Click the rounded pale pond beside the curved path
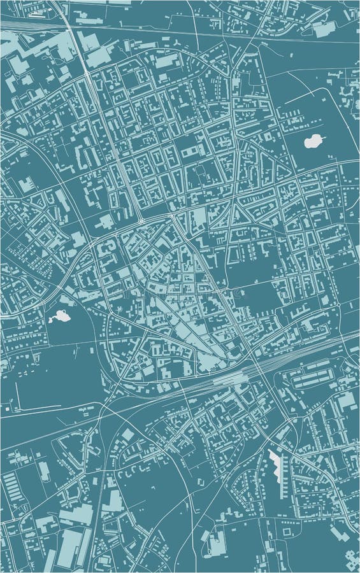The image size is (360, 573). [313, 141]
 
